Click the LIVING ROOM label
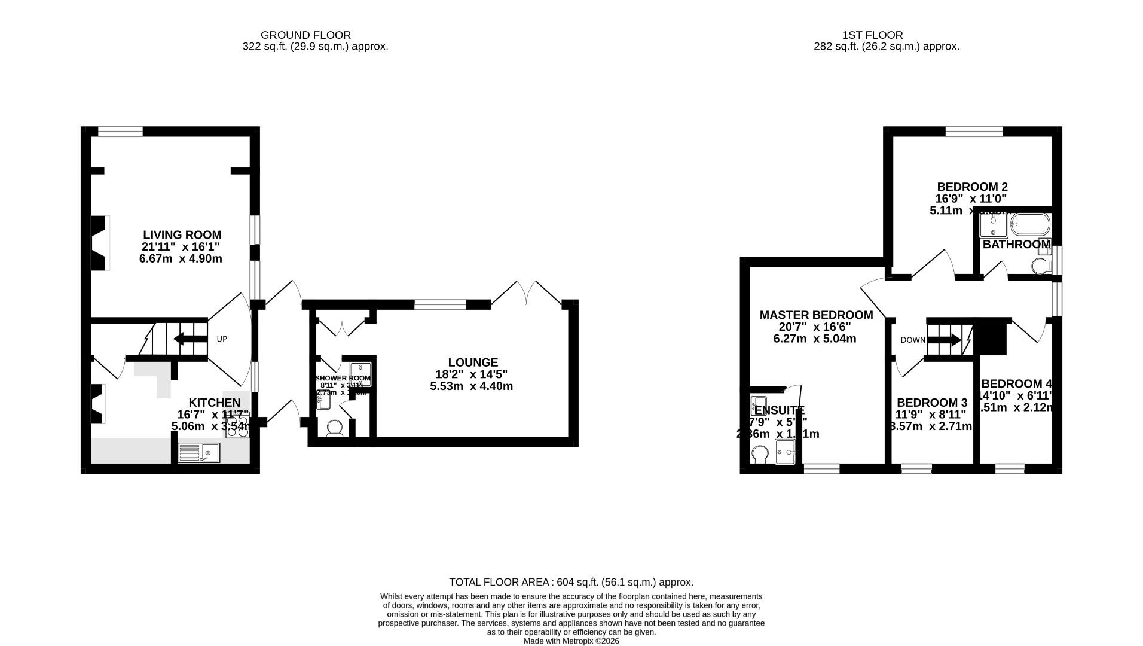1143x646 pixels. coord(182,235)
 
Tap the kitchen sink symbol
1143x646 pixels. coord(199,453)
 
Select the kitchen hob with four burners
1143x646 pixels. coord(237,428)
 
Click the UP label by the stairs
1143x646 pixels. coord(222,339)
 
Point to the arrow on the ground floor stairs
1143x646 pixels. coord(187,339)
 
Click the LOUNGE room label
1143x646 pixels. coord(472,362)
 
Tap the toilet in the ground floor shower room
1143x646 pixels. coord(335,428)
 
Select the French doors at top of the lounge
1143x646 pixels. coord(526,293)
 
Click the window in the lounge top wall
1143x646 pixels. coord(440,305)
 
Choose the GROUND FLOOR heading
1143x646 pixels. coord(305,35)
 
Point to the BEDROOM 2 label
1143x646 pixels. coord(971,187)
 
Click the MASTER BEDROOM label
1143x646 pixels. coord(815,315)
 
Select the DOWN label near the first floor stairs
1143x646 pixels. coord(912,340)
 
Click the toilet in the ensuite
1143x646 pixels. coord(760,453)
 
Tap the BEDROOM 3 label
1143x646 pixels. coord(931,403)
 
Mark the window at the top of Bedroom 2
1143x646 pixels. coord(974,132)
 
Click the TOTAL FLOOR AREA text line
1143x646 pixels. coord(571,582)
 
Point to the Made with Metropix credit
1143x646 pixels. coord(571,641)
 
